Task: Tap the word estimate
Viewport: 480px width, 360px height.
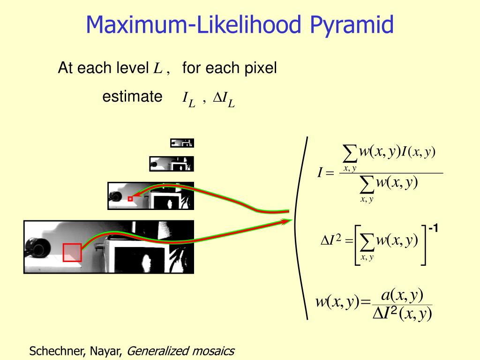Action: click(132, 97)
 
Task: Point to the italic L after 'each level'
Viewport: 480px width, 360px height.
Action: click(157, 69)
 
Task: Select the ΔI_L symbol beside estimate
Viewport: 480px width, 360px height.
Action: click(224, 99)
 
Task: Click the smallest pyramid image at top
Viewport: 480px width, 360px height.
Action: click(182, 142)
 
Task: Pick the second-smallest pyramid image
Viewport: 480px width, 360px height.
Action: click(171, 164)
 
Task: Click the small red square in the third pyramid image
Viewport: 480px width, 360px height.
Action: click(130, 199)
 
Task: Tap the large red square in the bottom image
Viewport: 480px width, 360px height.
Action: click(72, 252)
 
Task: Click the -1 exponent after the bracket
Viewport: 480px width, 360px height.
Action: click(433, 229)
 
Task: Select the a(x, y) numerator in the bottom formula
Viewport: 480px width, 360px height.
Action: click(402, 295)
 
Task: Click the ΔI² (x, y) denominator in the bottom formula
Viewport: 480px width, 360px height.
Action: click(402, 313)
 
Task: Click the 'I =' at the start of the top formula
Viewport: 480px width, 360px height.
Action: click(325, 173)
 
